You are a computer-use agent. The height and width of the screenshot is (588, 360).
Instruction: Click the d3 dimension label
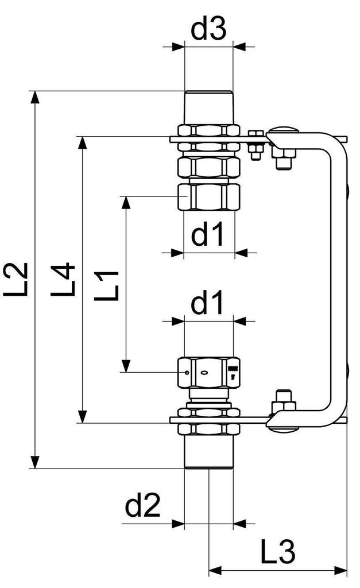(x=208, y=29)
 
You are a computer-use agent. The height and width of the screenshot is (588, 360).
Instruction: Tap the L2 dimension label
(x=16, y=280)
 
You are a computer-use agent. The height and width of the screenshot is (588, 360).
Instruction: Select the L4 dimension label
(x=63, y=280)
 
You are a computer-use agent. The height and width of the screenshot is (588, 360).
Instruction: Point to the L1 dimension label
(x=106, y=286)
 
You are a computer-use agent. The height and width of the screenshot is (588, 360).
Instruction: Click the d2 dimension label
(x=142, y=506)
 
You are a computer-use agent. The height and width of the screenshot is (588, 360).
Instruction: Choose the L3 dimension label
(x=278, y=552)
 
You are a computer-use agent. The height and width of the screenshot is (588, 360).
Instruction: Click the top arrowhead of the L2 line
(x=35, y=96)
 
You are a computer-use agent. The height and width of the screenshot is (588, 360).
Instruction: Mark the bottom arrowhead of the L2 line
(x=35, y=462)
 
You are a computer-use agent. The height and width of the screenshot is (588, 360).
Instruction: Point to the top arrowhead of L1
(x=126, y=202)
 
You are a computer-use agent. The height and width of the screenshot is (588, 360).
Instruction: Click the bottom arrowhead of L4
(x=82, y=417)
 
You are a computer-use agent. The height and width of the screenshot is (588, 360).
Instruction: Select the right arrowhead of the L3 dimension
(x=340, y=571)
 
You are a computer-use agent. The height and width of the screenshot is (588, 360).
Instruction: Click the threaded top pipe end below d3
(x=208, y=107)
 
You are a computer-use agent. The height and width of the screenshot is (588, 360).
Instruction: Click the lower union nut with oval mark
(x=208, y=373)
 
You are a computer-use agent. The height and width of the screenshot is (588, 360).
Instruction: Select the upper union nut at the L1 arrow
(x=208, y=197)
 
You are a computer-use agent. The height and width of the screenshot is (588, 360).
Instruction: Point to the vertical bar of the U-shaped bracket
(x=339, y=280)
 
